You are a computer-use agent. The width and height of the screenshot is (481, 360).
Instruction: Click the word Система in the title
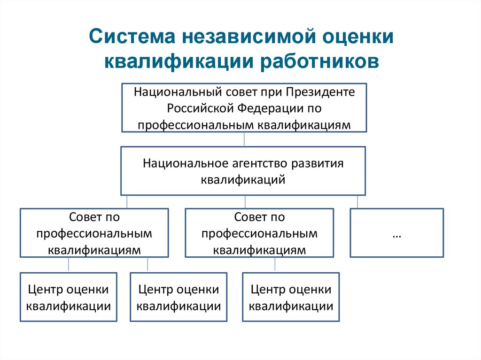(x=132, y=36)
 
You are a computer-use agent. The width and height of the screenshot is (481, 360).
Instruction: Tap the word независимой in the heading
(x=249, y=36)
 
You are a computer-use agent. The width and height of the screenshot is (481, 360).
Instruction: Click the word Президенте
(x=320, y=92)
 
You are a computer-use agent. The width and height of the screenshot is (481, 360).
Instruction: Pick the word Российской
(x=200, y=108)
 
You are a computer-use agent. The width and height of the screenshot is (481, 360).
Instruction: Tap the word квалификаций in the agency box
(x=243, y=180)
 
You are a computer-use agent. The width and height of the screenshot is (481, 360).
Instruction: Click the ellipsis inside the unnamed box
(x=397, y=236)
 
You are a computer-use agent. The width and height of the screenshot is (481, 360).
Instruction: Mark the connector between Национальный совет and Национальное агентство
(x=244, y=139)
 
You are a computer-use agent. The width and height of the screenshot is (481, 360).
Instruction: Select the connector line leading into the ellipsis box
(x=357, y=202)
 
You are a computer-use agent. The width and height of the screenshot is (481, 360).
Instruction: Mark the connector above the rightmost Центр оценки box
(x=275, y=265)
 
